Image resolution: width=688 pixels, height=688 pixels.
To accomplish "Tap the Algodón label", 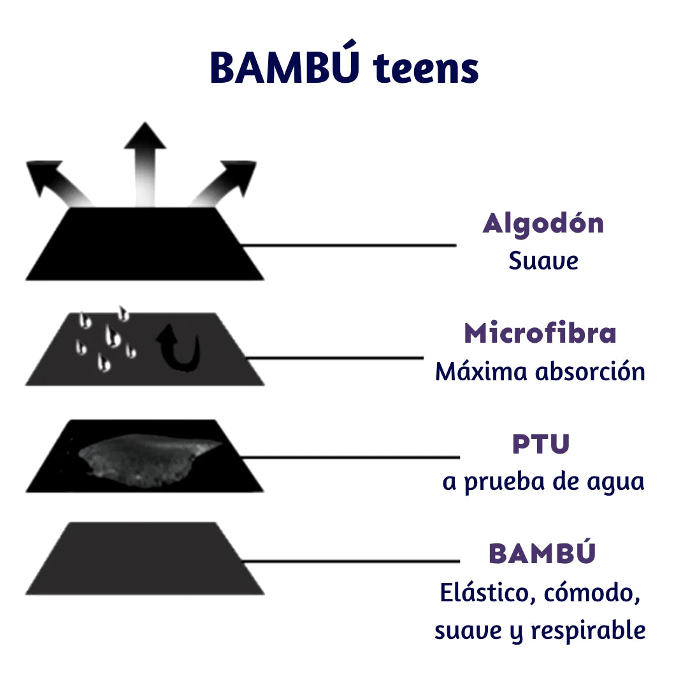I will click(x=543, y=224).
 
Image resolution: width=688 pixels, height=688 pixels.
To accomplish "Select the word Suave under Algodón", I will click(x=543, y=261).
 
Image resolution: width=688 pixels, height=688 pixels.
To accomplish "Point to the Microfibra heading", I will click(x=540, y=334).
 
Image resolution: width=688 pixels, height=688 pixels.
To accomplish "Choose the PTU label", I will click(x=541, y=444).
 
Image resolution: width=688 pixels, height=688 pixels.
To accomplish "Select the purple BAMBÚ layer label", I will click(x=542, y=554).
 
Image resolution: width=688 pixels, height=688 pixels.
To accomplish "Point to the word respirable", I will click(x=588, y=631).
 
